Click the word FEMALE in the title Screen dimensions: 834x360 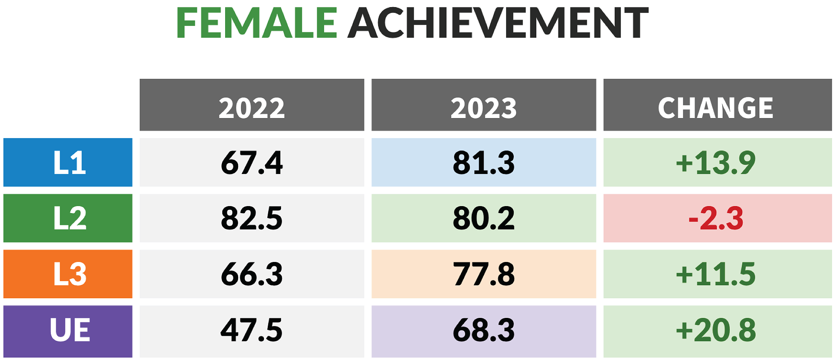[x=256, y=23]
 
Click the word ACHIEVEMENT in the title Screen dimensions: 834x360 [x=498, y=23]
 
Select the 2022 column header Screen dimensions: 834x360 [x=252, y=105]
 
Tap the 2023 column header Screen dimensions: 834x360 [x=484, y=105]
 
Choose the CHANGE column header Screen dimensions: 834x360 [x=717, y=105]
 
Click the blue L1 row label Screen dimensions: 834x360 [x=68, y=162]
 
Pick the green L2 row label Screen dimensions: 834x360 [x=68, y=218]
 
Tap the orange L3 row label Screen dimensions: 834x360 [x=68, y=274]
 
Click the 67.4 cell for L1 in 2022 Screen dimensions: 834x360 [x=252, y=162]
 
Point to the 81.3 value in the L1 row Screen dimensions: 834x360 [x=484, y=162]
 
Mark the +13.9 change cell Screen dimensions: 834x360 [x=717, y=162]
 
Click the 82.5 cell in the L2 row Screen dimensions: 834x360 [x=252, y=218]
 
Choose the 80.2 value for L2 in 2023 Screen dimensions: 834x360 [x=484, y=218]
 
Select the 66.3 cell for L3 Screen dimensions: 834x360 [x=252, y=274]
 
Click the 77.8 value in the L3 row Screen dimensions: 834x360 [x=484, y=274]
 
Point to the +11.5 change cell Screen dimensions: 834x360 [x=717, y=274]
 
